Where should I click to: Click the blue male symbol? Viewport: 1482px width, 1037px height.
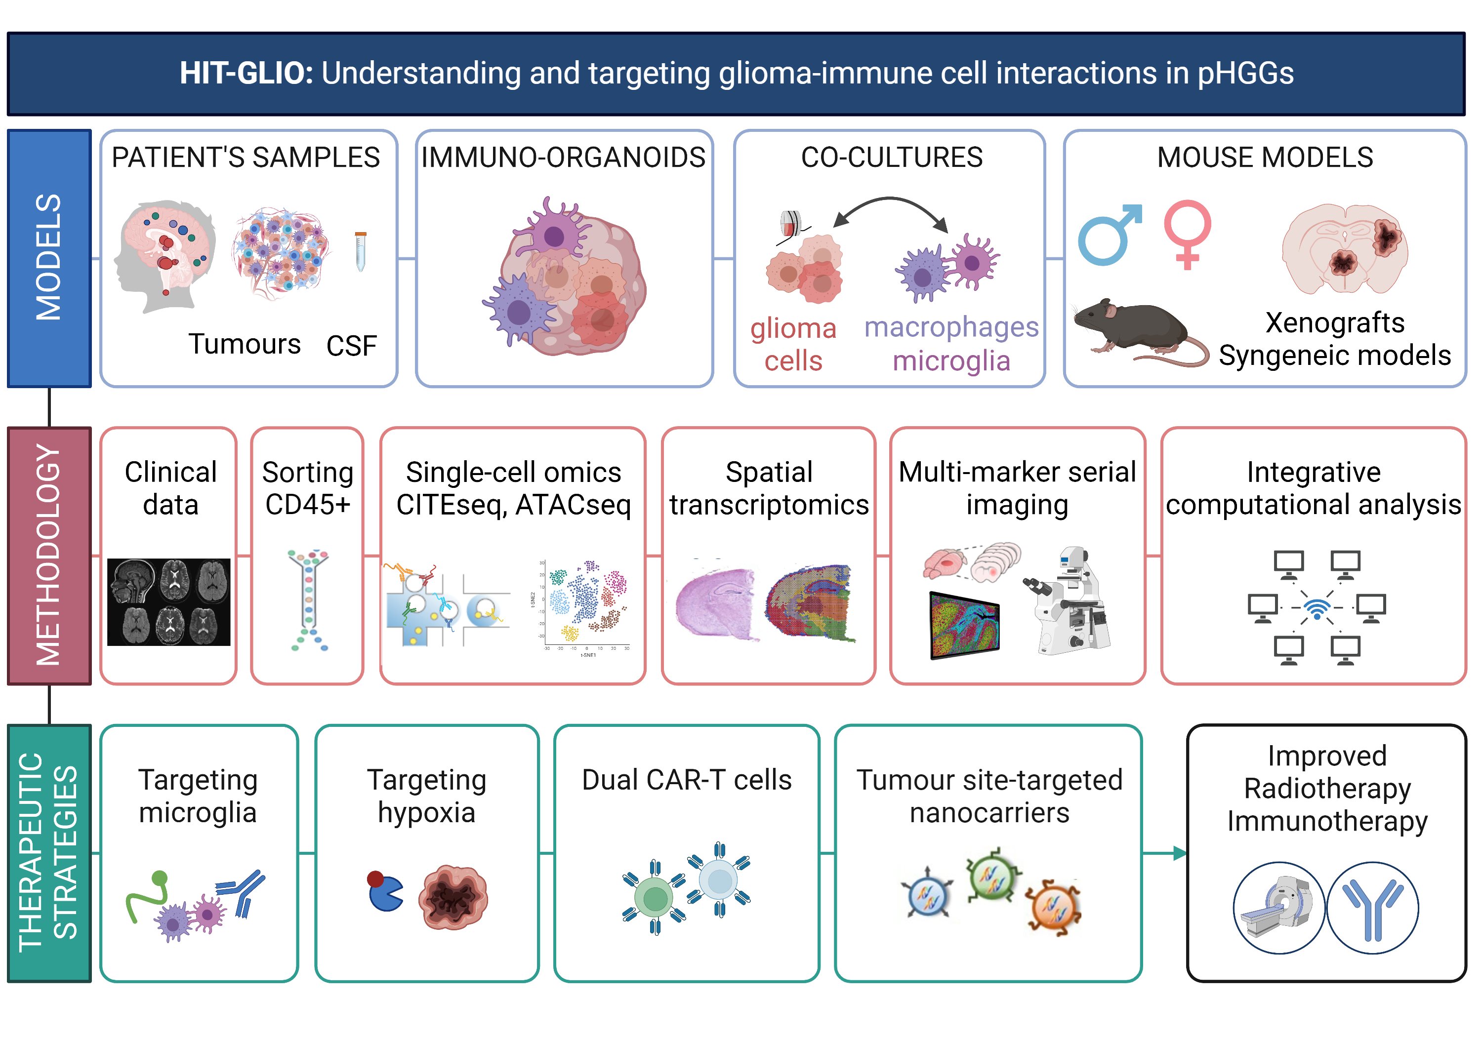tap(1107, 236)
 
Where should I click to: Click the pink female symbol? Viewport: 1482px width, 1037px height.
tap(1187, 232)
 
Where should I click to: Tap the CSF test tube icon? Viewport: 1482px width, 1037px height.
tap(360, 252)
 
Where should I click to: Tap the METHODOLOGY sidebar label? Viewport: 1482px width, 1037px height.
tap(49, 555)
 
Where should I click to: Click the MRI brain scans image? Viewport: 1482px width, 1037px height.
tap(168, 601)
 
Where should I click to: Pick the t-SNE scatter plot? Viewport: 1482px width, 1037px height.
tap(584, 606)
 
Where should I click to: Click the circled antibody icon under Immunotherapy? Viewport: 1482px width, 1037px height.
tap(1372, 907)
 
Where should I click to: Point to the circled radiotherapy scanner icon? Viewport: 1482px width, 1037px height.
tap(1278, 907)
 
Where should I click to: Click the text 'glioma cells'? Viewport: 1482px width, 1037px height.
tap(793, 345)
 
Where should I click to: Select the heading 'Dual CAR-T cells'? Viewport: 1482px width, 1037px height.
tap(686, 780)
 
